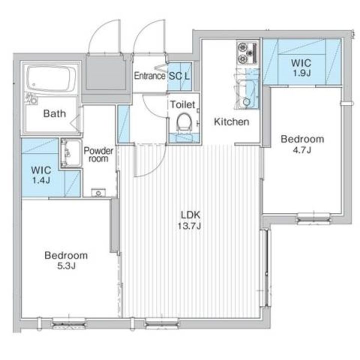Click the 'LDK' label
click(x=190, y=215)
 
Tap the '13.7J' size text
click(x=190, y=226)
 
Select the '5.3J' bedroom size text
click(x=66, y=266)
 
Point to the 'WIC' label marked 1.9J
click(x=301, y=63)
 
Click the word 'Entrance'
click(x=149, y=76)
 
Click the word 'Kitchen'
click(x=231, y=121)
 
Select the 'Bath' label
click(x=54, y=113)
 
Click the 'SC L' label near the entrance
click(x=179, y=76)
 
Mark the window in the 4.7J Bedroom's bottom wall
click(x=313, y=217)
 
